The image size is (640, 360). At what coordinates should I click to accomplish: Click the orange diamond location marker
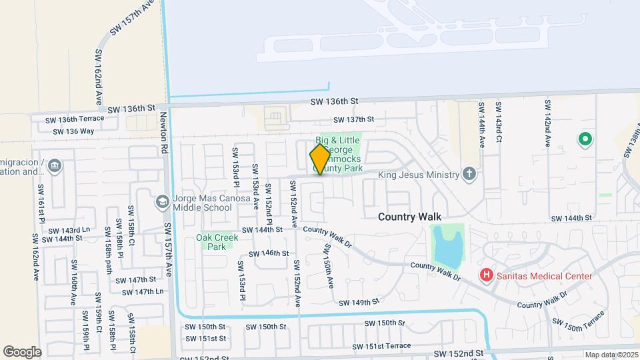pos(320,159)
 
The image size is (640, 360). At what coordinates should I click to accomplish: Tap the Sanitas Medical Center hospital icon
pos(487,275)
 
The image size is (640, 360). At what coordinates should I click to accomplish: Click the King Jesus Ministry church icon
pos(469,175)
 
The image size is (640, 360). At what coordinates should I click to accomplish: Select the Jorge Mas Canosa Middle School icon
pos(162,201)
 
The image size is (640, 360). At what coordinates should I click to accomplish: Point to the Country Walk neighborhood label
pos(410,217)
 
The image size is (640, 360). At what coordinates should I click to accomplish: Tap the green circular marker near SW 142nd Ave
pos(585,139)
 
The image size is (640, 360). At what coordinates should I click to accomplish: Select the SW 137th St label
pos(354,119)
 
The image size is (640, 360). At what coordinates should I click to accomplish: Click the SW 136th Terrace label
pos(75,119)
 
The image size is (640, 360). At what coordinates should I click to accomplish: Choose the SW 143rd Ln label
pos(68,230)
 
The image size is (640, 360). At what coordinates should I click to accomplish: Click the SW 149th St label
pos(359,302)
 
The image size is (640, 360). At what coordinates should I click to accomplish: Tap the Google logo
pos(22,351)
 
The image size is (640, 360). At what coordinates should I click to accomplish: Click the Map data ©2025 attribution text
pos(611,355)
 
